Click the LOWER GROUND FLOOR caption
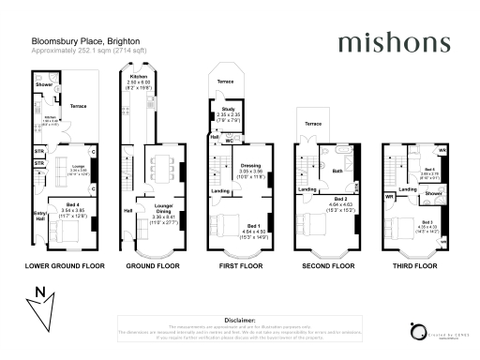[x=61, y=266]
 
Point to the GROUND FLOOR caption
[x=153, y=266]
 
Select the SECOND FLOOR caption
[x=329, y=266]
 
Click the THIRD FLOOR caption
[x=413, y=266]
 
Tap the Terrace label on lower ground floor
[x=78, y=106]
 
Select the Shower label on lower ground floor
[x=43, y=84]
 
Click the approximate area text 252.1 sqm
[x=84, y=51]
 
